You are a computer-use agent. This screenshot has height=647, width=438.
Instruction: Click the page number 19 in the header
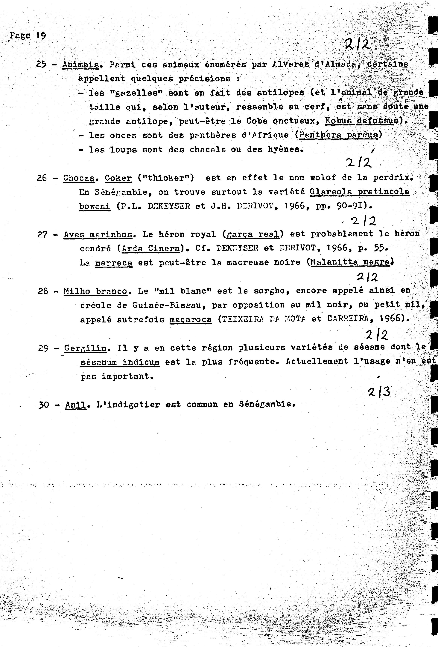41,36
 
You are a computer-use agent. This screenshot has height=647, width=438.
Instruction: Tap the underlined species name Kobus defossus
359,121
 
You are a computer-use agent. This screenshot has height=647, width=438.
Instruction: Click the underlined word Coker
118,178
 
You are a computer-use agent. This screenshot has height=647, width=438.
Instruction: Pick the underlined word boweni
95,206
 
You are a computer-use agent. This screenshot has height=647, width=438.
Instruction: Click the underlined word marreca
114,262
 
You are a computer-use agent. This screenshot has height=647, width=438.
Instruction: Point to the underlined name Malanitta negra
350,262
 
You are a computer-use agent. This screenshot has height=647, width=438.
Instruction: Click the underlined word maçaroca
190,320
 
